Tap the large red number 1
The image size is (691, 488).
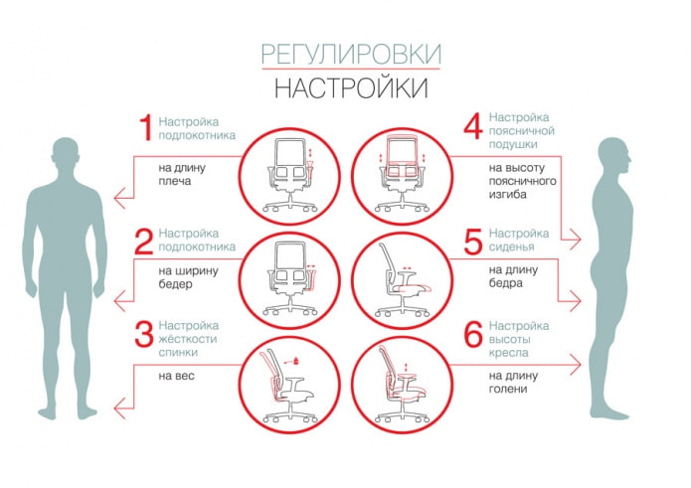(x=145, y=128)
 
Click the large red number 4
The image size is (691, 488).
(x=472, y=128)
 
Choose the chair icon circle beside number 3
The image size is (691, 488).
(x=289, y=382)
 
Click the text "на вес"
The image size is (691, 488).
(x=178, y=377)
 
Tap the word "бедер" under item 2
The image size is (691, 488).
(x=176, y=283)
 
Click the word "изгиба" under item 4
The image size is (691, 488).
(x=507, y=195)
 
